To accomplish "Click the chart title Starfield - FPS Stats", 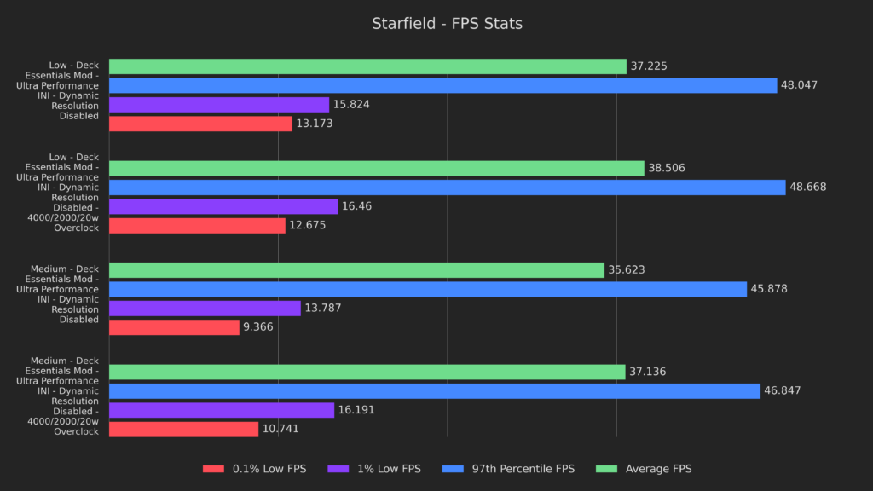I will (447, 24).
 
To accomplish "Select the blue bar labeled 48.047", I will (442, 85).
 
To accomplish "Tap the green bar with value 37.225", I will (367, 66).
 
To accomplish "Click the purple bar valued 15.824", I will (219, 105).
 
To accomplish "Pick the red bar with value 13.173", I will (200, 124).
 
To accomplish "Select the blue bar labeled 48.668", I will (447, 188).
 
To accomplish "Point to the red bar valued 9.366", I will (174, 327).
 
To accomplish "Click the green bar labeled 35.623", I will (356, 270).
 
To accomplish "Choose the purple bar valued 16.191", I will (222, 410).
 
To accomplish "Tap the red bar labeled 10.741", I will (183, 429).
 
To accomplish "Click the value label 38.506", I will (667, 169).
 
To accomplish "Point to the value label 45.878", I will (769, 289).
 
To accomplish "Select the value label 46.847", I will (783, 391).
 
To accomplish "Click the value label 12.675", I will (308, 226).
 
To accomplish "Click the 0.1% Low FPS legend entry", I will (254, 469).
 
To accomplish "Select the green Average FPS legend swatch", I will (607, 469).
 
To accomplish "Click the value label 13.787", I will (323, 309).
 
